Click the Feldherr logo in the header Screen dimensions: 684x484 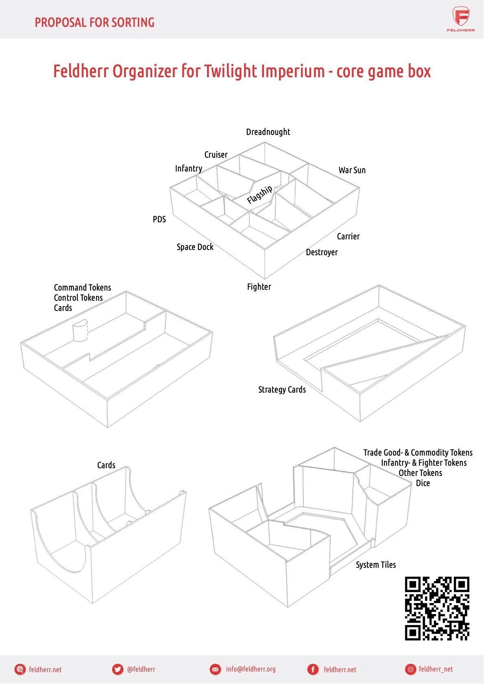[461, 19]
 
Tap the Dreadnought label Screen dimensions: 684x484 [268, 132]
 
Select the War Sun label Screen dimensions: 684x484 [352, 170]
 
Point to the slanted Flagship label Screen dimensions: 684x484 [259, 194]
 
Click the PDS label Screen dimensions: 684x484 [159, 219]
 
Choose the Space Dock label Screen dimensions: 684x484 [195, 247]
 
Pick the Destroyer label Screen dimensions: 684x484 [322, 252]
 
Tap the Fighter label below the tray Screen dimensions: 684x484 [259, 287]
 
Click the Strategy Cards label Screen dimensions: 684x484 [282, 390]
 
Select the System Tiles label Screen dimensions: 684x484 [375, 565]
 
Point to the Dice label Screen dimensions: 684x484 [423, 483]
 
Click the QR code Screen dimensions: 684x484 [437, 608]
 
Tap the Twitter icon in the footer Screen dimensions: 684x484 [118, 669]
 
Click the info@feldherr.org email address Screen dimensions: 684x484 [251, 669]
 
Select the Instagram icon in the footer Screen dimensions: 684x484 [410, 669]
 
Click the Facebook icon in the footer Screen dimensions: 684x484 [313, 669]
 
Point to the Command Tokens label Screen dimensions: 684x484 [82, 288]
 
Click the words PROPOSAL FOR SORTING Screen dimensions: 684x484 [94, 22]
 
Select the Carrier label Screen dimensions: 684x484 [348, 237]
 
